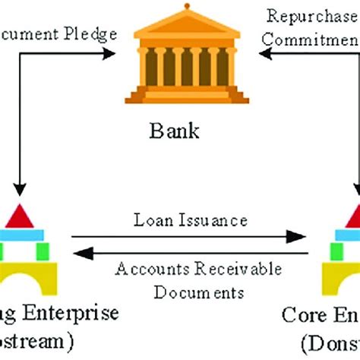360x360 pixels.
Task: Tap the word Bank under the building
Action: tap(181, 131)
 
